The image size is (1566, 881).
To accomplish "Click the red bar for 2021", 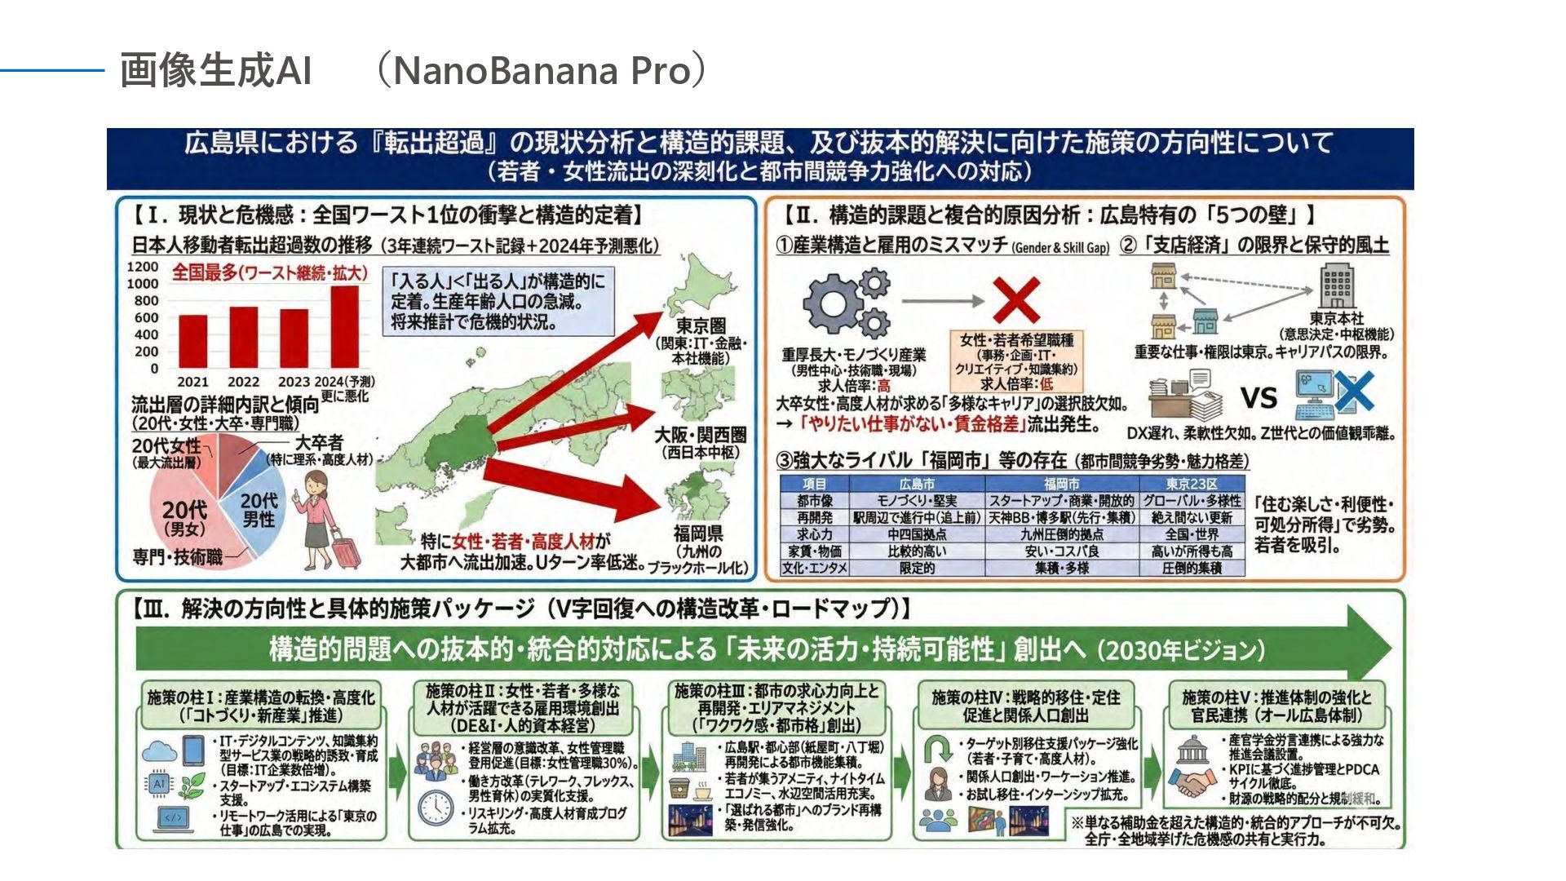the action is [193, 341].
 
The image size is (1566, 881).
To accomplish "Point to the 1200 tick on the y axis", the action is [143, 267].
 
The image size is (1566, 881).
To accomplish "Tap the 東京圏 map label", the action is [701, 326].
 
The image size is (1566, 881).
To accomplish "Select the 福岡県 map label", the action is [697, 533].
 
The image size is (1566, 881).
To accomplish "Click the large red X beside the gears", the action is [1015, 300].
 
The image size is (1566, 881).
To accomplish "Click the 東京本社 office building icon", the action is [1337, 286].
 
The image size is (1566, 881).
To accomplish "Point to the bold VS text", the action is [1259, 398].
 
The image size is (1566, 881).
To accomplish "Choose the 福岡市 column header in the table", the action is [1061, 484].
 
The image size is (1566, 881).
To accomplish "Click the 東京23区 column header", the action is [1192, 484].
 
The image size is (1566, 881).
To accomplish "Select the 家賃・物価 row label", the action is [815, 551].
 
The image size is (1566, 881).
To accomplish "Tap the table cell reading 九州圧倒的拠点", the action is [1061, 534].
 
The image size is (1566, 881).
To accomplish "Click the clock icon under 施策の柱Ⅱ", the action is [436, 808].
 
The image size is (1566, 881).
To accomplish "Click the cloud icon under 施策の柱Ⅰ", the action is [160, 751].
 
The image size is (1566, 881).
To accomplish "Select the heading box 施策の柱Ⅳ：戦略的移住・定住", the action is [1025, 706].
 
